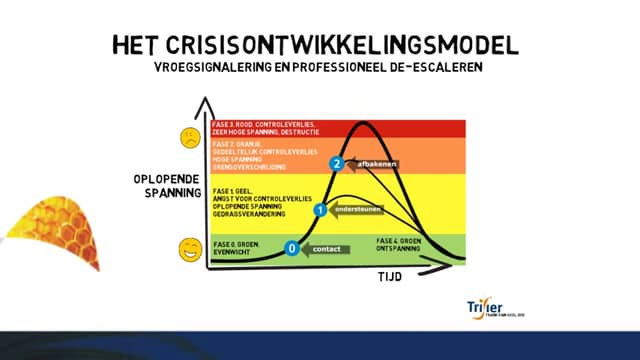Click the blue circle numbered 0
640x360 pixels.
[292, 248]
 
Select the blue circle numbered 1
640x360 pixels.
[320, 211]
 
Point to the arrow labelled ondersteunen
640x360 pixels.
[355, 211]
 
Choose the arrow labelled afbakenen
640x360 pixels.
[371, 163]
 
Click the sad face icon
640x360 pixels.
[188, 136]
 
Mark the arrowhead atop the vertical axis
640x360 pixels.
[204, 103]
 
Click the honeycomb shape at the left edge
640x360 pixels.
[55, 233]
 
